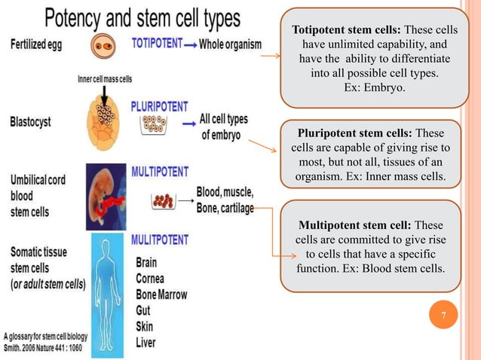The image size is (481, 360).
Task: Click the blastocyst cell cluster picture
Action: click(x=106, y=117)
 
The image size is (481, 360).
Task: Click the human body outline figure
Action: click(x=107, y=291)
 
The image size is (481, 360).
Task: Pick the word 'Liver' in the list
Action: click(x=149, y=341)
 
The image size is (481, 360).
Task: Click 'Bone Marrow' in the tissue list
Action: click(x=161, y=294)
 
